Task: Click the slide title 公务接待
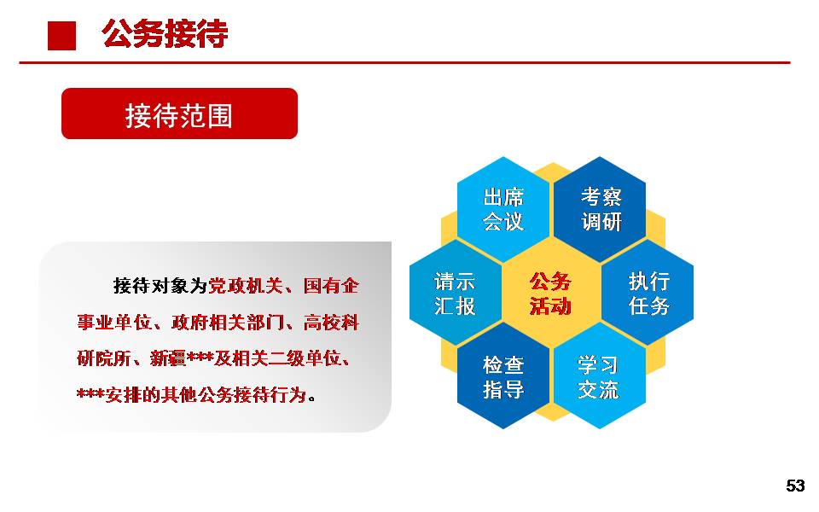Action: (165, 34)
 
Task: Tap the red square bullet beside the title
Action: (61, 36)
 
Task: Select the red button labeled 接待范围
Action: (179, 113)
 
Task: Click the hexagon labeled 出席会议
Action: (503, 209)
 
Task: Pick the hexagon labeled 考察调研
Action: (600, 209)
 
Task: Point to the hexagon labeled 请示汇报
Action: (455, 293)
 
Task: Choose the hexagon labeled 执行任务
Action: (648, 293)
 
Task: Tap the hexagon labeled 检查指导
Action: (503, 376)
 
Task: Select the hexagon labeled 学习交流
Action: (600, 376)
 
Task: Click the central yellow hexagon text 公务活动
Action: (550, 294)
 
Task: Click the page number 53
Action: (795, 486)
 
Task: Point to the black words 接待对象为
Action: (160, 286)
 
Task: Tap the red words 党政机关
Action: (246, 286)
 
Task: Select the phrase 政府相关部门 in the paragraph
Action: (229, 323)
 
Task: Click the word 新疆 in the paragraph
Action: (168, 358)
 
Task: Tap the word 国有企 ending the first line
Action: (331, 286)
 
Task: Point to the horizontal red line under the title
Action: (404, 62)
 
